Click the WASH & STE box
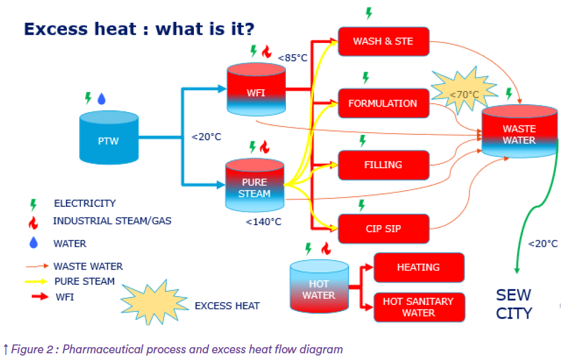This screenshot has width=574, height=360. coord(383,41)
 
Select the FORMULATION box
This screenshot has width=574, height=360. coord(383,103)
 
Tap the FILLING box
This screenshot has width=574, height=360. coord(383,164)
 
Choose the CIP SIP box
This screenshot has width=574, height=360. coord(383,228)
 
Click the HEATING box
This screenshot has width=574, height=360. coord(419,267)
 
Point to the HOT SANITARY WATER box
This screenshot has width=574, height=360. coord(419,307)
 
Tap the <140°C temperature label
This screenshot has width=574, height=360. coord(264,222)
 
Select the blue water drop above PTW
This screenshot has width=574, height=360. coord(101,99)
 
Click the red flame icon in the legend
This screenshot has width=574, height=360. coord(33,222)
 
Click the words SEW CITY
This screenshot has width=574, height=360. coord(514,304)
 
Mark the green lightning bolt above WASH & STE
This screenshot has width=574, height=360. coord(368,12)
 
